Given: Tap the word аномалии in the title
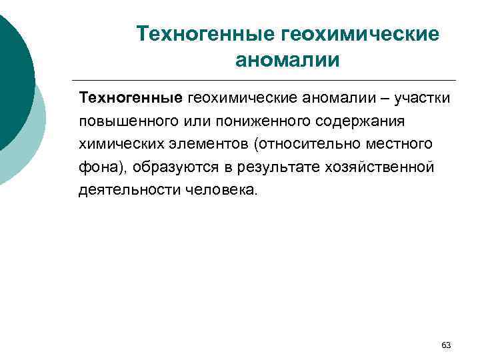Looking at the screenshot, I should [287, 60].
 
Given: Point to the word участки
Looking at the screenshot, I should [422, 99].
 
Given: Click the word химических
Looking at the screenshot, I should [117, 144].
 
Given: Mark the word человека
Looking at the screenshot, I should [217, 189].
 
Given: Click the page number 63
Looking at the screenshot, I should [446, 345].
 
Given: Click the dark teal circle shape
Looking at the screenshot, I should [12, 80].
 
